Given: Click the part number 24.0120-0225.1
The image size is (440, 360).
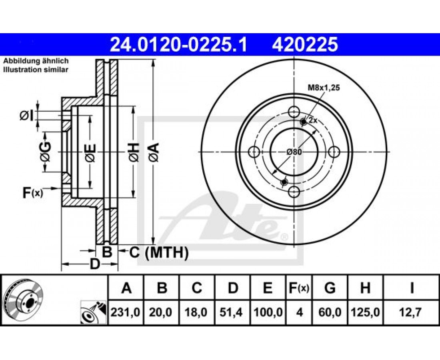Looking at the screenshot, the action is click(178, 45).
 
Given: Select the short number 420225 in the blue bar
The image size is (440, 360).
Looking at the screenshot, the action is click(305, 45).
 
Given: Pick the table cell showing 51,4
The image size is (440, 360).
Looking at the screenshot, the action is click(232, 312).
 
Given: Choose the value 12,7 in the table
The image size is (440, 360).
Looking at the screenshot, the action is click(411, 312).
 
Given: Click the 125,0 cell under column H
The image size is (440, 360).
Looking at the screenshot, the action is click(365, 312).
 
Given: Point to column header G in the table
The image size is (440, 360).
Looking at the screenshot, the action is click(330, 288).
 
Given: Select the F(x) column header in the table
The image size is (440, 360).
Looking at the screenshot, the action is click(299, 288).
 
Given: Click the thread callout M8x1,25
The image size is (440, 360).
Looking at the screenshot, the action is click(324, 88).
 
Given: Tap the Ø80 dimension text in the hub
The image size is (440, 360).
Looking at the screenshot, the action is click(294, 152).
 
